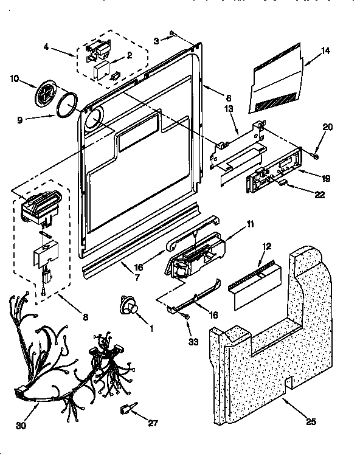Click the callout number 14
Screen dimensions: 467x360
tap(325, 51)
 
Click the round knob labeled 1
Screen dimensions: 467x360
tap(130, 304)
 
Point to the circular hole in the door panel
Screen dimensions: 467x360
tap(92, 119)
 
